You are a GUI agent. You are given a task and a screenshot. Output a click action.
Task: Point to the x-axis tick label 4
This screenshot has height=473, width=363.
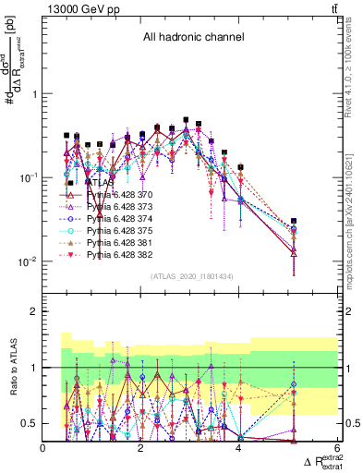[x=238, y=449]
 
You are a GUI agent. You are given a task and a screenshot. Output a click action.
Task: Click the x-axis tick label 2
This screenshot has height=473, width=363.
[x=140, y=449]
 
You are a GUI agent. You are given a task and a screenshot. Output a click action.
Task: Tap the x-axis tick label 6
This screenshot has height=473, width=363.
[x=335, y=449]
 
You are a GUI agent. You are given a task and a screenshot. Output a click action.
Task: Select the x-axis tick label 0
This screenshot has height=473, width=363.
[x=43, y=449]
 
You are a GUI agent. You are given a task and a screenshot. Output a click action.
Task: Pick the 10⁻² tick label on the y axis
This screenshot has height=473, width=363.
[x=27, y=261]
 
